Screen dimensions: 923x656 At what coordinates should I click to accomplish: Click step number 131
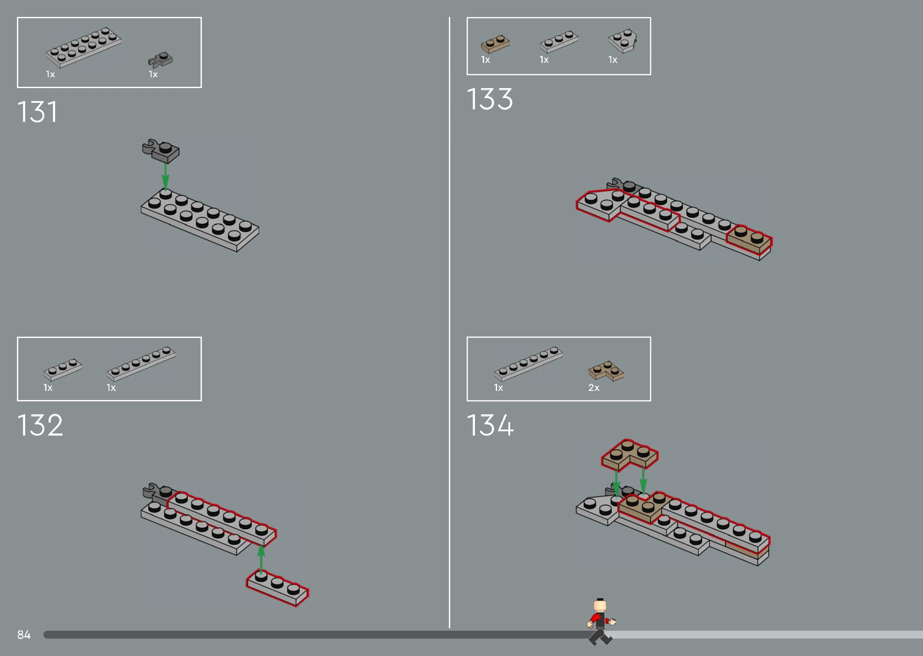37,112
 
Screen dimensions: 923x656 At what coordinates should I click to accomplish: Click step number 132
40,425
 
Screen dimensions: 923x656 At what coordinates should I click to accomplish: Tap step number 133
490,99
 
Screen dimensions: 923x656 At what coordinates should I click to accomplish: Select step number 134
490,425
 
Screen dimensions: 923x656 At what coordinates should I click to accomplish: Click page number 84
24,635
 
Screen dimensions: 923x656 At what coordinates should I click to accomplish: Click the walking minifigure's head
600,604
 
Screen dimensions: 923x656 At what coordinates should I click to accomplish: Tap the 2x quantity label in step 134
594,387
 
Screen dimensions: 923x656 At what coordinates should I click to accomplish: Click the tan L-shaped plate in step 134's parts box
606,371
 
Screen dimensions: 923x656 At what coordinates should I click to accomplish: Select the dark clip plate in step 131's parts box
160,60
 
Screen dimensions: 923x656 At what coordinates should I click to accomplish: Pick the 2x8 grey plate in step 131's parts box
84,47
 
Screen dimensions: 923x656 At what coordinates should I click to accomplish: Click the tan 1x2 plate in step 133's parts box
495,44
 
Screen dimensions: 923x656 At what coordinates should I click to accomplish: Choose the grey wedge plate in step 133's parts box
623,41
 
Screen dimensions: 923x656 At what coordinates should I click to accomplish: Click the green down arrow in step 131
165,176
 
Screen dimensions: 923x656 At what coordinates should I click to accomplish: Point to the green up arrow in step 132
261,559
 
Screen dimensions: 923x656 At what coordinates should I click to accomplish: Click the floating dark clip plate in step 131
161,151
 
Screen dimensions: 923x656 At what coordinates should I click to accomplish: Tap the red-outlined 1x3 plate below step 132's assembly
277,588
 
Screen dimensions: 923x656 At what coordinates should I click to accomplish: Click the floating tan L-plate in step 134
630,455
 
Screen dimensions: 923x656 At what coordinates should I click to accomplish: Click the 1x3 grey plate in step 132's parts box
63,369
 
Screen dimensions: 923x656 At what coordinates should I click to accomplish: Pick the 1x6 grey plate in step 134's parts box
528,364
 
